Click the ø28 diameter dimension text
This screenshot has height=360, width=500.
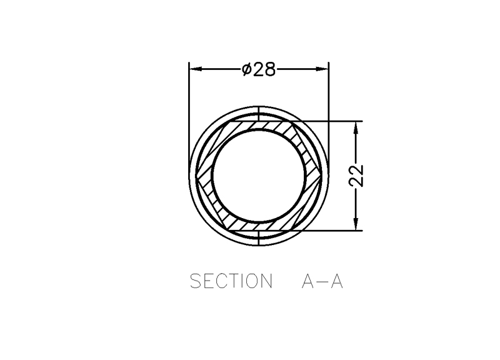coord(259,69)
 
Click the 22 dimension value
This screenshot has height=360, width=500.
coord(356,176)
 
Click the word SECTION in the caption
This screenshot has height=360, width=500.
coord(231,281)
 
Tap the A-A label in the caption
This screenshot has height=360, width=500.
coord(322,281)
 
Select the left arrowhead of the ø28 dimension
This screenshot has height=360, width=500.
coord(196,69)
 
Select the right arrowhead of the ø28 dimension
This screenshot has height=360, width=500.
coord(322,69)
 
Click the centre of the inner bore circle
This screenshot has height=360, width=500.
coord(259,176)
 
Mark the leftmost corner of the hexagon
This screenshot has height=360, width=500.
coord(196,176)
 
